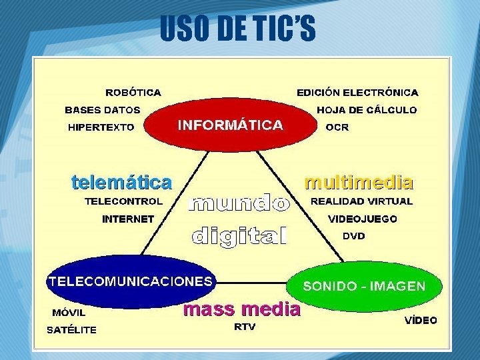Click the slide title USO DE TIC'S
[237, 29]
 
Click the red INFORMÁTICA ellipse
[230, 125]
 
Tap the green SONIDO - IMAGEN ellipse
[364, 286]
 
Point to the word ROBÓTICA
[133, 93]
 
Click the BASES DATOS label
[103, 110]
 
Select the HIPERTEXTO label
[101, 127]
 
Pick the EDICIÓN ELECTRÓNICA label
[357, 93]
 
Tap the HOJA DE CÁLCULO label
[367, 110]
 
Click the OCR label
[337, 127]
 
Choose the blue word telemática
[121, 181]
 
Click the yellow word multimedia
[359, 181]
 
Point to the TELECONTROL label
[123, 201]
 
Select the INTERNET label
[128, 219]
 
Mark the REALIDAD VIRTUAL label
[362, 201]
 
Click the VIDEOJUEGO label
[363, 219]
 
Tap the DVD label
[354, 236]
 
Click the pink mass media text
[241, 309]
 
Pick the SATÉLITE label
[71, 329]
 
